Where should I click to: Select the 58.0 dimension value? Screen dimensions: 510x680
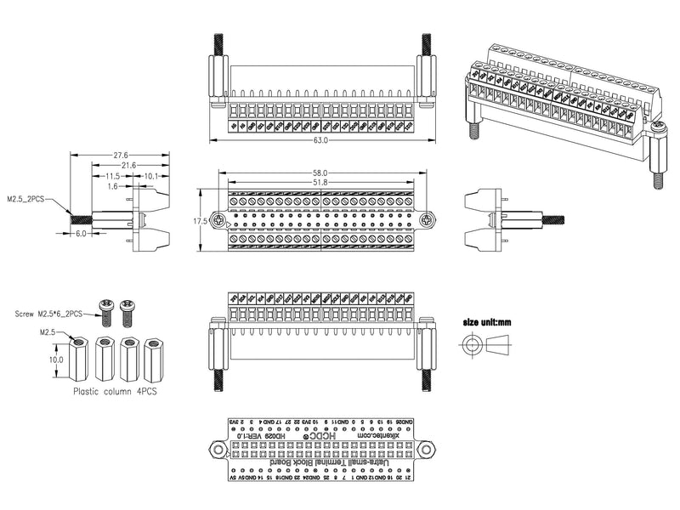tap(320, 173)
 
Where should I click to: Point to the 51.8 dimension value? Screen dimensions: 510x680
tap(320, 182)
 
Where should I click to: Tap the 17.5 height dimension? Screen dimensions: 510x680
tap(201, 220)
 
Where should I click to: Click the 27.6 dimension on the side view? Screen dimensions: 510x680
tap(120, 156)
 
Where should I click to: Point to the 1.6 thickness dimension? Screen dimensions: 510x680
tap(112, 184)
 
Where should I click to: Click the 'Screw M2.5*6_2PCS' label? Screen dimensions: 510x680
tap(48, 314)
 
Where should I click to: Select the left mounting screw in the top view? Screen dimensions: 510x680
tap(220, 220)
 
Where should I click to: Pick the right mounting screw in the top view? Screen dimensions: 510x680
tap(422, 220)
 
